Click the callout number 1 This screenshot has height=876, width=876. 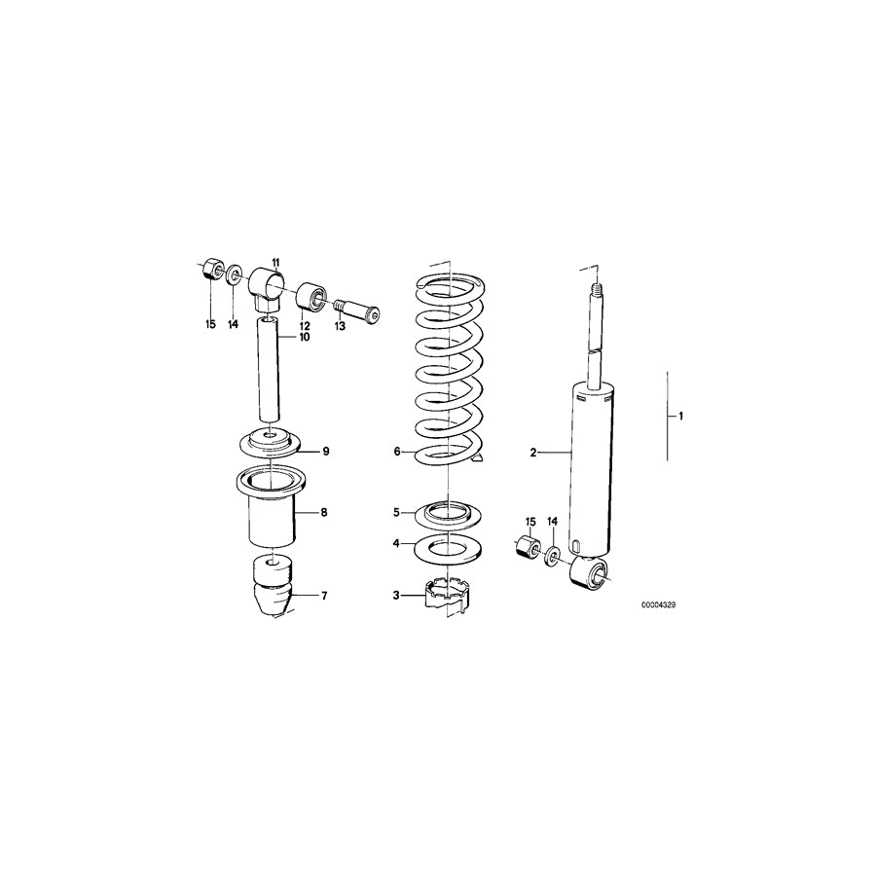click(681, 417)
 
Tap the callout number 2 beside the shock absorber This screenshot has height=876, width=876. click(533, 452)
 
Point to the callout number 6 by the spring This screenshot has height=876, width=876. click(397, 452)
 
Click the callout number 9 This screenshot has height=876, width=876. click(327, 451)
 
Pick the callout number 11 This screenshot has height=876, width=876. click(275, 263)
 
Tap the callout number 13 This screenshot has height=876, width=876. click(339, 327)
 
